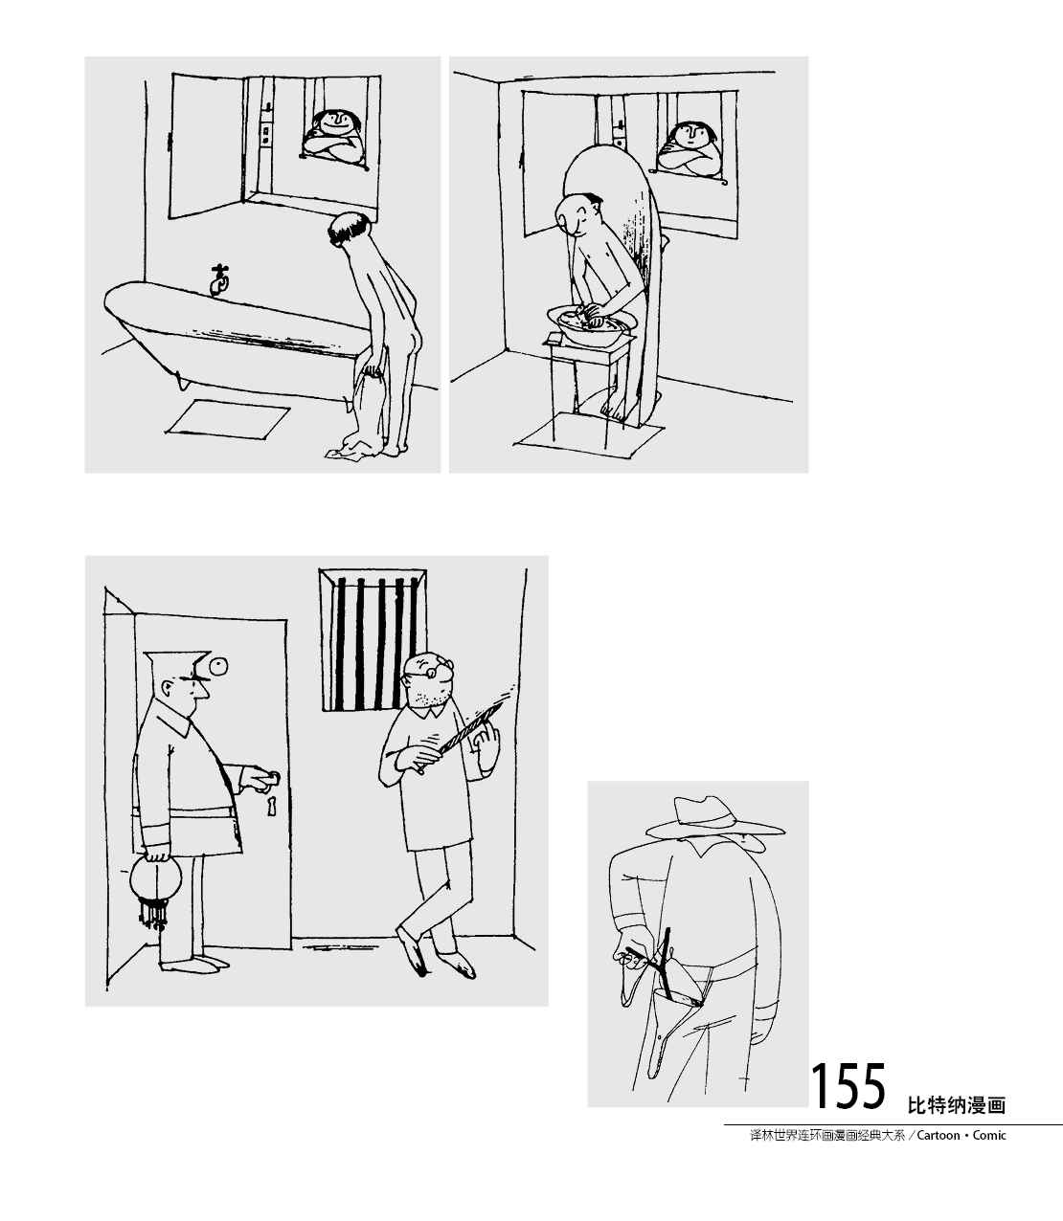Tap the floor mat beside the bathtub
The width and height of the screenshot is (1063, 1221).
[x=228, y=418]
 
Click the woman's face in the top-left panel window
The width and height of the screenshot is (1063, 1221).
[x=335, y=123]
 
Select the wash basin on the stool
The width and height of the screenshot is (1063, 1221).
[x=585, y=325]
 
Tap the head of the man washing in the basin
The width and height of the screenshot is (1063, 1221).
[x=580, y=214]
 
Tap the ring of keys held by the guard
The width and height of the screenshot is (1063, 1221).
[x=154, y=890]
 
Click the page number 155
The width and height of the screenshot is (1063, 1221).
[x=848, y=1086]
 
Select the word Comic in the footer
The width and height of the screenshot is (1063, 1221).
[x=990, y=1136]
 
